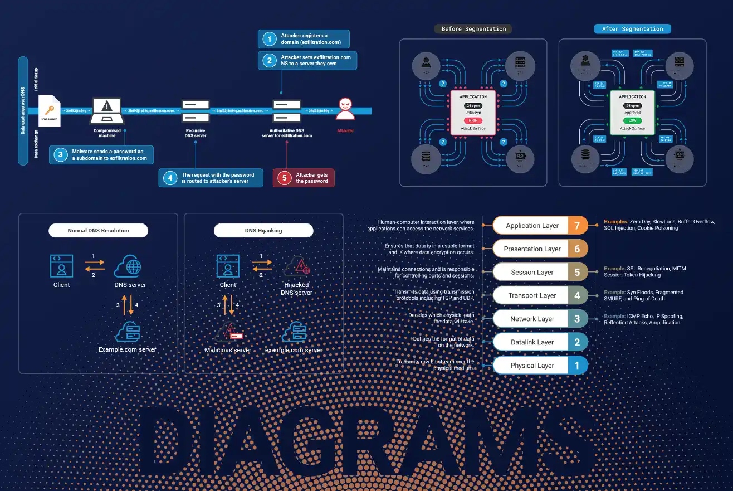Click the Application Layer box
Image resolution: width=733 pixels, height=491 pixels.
pyautogui.click(x=532, y=226)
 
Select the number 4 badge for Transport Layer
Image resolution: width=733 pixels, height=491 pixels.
pyautogui.click(x=577, y=295)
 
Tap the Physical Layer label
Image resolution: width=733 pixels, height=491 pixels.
pyautogui.click(x=532, y=366)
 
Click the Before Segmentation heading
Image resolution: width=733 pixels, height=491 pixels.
pyautogui.click(x=473, y=29)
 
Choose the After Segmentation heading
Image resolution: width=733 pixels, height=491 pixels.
pyautogui.click(x=632, y=29)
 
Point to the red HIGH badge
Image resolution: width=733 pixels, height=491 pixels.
pyautogui.click(x=473, y=120)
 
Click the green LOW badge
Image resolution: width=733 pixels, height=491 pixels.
pyautogui.click(x=632, y=120)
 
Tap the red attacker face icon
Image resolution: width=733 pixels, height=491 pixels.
pyautogui.click(x=345, y=108)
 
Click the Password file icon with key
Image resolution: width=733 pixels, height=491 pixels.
pyautogui.click(x=50, y=110)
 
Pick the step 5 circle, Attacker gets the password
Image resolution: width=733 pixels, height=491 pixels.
pyautogui.click(x=285, y=178)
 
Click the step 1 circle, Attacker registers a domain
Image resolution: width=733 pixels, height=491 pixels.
pyautogui.click(x=270, y=39)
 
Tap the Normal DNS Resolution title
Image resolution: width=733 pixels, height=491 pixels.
pyautogui.click(x=98, y=230)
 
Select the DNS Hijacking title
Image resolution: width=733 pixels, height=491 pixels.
pyautogui.click(x=263, y=230)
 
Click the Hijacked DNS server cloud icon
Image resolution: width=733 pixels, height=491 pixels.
pyautogui.click(x=296, y=268)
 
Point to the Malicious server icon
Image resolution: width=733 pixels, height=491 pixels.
pyautogui.click(x=229, y=333)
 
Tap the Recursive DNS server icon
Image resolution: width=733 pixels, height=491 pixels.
pyautogui.click(x=196, y=111)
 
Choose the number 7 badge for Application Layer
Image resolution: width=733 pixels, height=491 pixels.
pyautogui.click(x=577, y=226)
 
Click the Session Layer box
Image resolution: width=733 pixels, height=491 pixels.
pyautogui.click(x=532, y=273)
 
